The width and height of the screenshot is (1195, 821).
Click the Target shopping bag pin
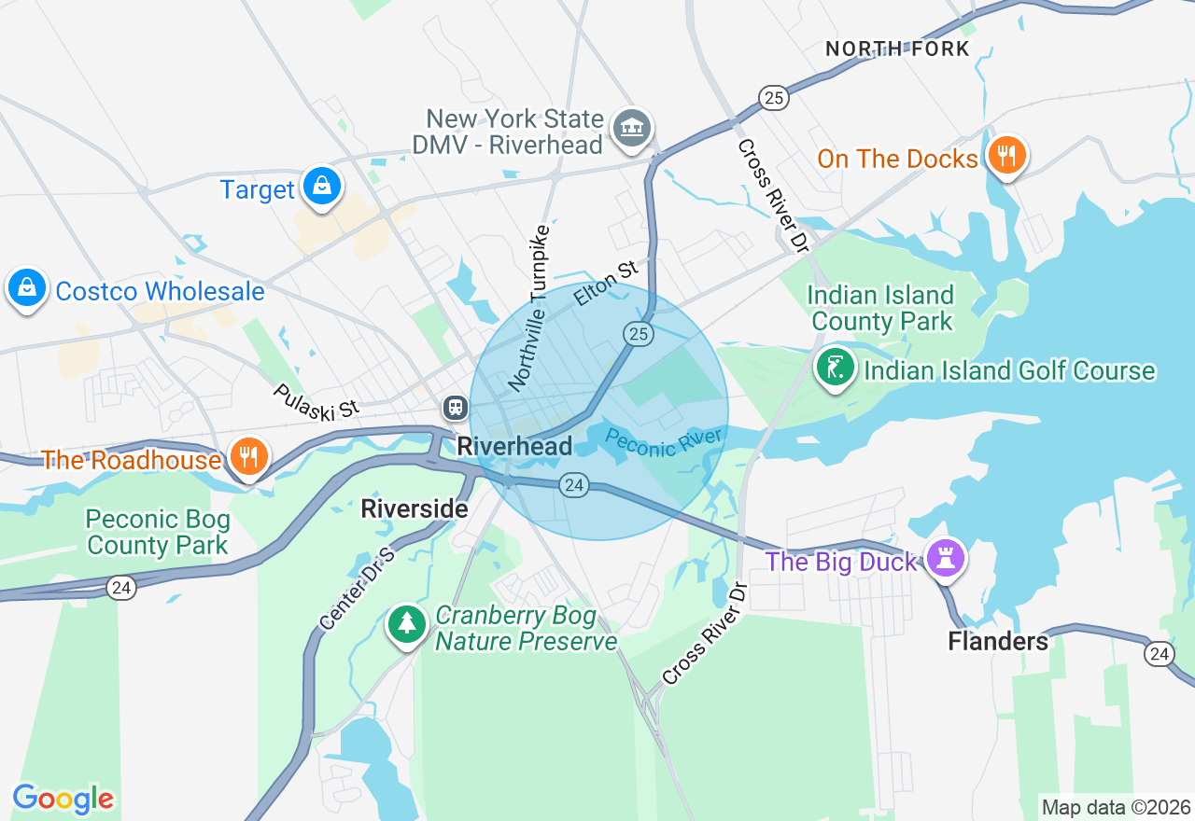pos(322,187)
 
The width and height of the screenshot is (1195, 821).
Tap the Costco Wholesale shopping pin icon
pos(28,289)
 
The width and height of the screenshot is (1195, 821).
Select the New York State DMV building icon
pos(632,128)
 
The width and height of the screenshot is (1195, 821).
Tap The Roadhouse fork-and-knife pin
pos(248,457)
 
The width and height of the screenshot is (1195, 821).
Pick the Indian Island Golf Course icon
pos(836,367)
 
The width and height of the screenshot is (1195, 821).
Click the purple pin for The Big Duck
pos(946,559)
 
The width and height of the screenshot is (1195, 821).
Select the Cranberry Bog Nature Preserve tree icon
pos(407,623)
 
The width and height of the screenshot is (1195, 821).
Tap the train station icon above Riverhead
pos(455,407)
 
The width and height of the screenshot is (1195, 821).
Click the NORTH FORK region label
pos(897,49)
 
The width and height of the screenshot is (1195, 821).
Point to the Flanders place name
pos(998,641)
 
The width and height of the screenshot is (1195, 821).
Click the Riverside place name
pos(414,508)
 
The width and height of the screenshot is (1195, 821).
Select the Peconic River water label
pos(664,442)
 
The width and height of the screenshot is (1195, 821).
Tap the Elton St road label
pos(606,284)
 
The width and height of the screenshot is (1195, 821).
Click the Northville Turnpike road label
pos(529,308)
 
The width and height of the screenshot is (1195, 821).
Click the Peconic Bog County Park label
pos(157,532)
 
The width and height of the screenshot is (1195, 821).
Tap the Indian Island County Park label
pos(881,309)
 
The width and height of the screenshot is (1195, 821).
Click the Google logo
pos(63,800)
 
